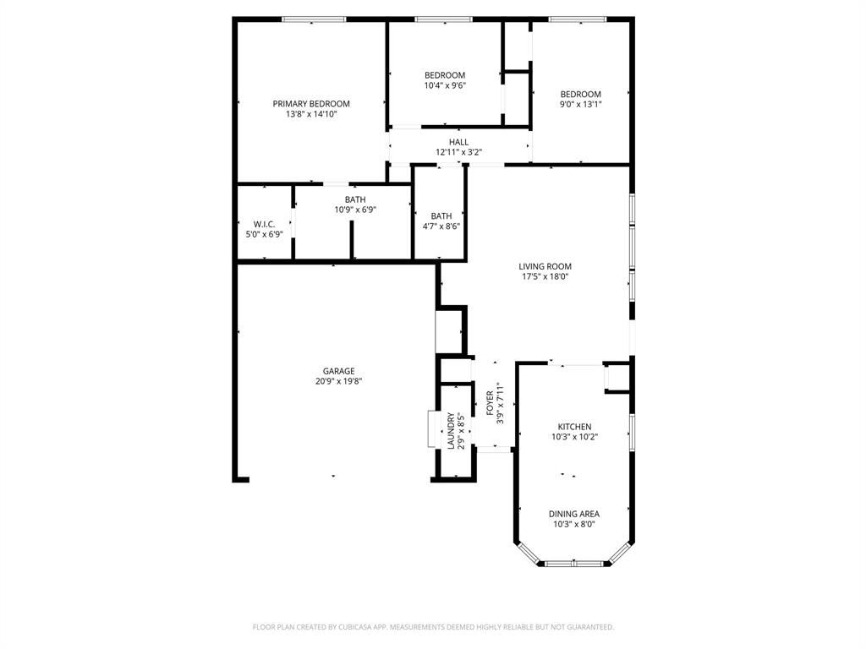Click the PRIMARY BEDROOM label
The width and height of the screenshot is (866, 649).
click(310, 104)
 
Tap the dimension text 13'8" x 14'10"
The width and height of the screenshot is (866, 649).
click(310, 114)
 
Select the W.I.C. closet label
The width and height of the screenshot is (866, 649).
click(265, 224)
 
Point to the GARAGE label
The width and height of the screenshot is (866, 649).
click(338, 371)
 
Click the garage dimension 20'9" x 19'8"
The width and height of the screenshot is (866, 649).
click(338, 381)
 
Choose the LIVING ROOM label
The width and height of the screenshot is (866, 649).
click(545, 266)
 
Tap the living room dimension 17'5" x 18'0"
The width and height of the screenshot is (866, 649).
click(545, 276)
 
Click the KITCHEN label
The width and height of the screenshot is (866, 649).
click(574, 427)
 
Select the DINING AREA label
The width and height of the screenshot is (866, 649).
click(574, 514)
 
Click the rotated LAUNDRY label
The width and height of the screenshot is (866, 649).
click(452, 431)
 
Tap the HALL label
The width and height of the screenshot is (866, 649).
click(458, 142)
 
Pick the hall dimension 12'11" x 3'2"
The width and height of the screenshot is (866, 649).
click(458, 152)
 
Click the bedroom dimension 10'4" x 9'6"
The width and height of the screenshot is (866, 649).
click(445, 85)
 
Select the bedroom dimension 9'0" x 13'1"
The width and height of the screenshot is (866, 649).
click(580, 104)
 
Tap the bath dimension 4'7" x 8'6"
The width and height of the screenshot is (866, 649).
click(441, 226)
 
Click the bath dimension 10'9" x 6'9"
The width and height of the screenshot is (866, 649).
click(355, 210)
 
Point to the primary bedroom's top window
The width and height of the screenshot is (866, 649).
click(314, 19)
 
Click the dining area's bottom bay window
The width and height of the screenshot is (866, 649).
click(574, 563)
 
